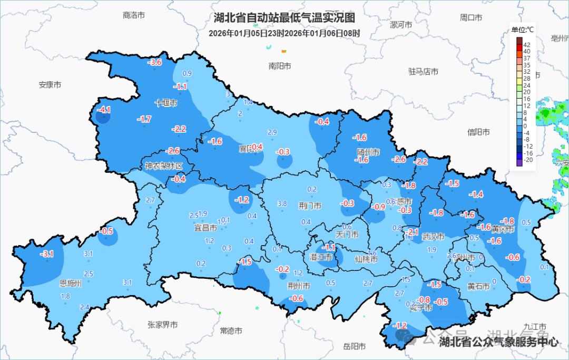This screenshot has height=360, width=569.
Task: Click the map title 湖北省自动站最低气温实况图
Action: click(x=285, y=18)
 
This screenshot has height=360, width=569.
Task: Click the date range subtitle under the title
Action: click(x=284, y=33)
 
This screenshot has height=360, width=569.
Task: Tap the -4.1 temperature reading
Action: click(x=104, y=110)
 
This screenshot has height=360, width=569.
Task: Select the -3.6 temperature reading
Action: click(x=154, y=63)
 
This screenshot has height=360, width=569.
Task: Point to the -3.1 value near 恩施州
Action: click(x=47, y=254)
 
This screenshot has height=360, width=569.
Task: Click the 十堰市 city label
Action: click(x=165, y=103)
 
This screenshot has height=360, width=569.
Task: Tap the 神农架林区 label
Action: click(x=164, y=166)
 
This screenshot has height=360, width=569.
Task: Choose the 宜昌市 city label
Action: click(x=205, y=228)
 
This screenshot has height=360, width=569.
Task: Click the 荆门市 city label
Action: click(x=310, y=206)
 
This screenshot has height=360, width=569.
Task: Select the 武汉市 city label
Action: click(x=434, y=237)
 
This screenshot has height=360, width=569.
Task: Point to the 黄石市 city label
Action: click(x=478, y=286)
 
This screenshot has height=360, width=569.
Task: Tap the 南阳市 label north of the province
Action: click(x=280, y=66)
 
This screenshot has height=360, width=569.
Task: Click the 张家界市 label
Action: click(x=162, y=325)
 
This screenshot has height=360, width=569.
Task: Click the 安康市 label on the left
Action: click(x=50, y=84)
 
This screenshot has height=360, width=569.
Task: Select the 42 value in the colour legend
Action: click(x=527, y=45)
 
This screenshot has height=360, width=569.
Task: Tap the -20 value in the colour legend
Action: click(x=527, y=160)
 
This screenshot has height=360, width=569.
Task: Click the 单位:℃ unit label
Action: click(x=523, y=30)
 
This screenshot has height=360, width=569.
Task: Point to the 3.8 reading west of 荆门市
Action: click(x=282, y=203)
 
